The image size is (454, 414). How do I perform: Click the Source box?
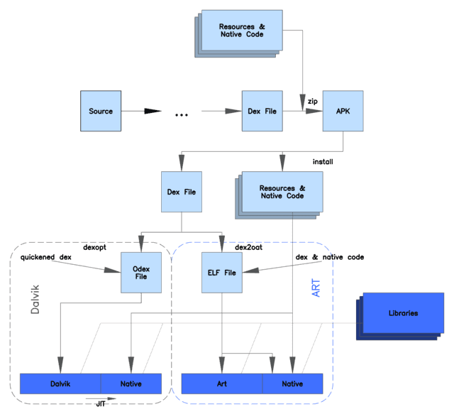[101, 111]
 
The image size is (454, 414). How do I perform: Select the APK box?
[343, 111]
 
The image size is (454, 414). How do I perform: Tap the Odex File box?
[141, 273]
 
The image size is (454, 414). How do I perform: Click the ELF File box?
[222, 273]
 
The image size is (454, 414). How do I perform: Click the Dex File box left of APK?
[262, 111]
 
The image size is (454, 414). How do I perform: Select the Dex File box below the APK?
[182, 192]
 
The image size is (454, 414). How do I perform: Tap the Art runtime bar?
[222, 384]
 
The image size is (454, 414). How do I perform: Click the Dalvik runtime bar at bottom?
[60, 384]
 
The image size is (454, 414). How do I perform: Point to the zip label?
[313, 102]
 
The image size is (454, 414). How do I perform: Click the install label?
[323, 162]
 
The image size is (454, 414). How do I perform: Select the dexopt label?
[94, 247]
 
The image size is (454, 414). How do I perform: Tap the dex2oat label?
[249, 247]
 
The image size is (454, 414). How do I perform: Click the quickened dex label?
[45, 257]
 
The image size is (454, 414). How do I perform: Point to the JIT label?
[101, 404]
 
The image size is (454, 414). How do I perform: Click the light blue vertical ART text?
[316, 288]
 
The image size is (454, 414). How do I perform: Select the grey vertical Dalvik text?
[35, 300]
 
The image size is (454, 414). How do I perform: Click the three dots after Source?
[182, 115]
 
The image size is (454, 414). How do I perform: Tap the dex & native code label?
[330, 257]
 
